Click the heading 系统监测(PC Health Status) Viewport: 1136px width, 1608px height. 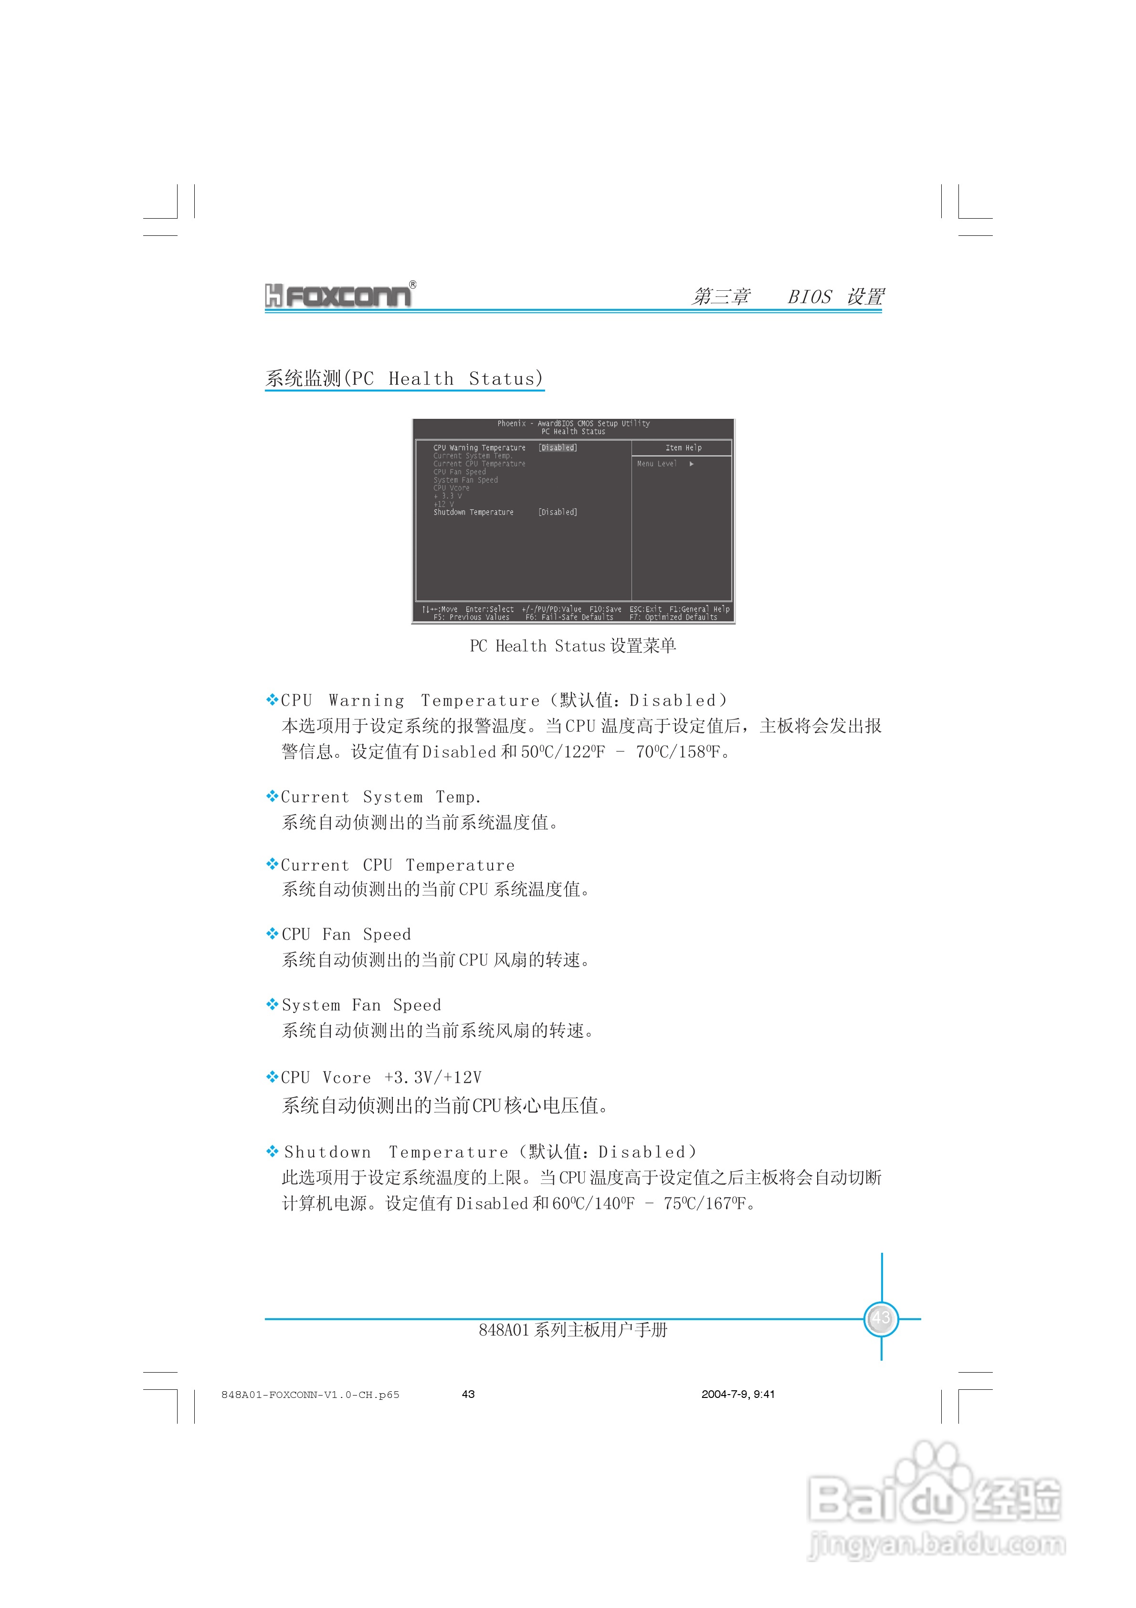[x=404, y=379]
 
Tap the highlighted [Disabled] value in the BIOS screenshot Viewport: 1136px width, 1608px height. [x=557, y=447]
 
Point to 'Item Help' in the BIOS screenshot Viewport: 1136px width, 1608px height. [x=683, y=447]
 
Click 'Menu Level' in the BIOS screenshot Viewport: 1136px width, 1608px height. [x=657, y=464]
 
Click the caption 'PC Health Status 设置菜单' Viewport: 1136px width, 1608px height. [x=572, y=645]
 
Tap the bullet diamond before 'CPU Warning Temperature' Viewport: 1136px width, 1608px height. [x=272, y=699]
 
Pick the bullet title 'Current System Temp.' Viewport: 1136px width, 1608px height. [x=380, y=797]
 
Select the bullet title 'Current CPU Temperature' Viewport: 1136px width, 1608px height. [x=397, y=866]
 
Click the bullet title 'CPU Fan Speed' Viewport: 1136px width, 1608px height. [x=346, y=934]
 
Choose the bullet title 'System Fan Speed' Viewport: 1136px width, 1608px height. [x=361, y=1005]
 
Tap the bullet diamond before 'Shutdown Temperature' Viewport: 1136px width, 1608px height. [x=272, y=1152]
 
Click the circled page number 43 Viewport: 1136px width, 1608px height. [x=881, y=1319]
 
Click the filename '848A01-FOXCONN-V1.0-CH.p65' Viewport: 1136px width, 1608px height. [x=310, y=1395]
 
